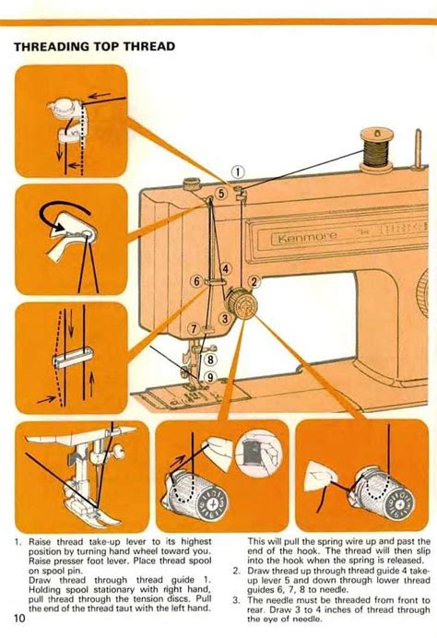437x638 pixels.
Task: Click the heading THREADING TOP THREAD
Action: coord(94,46)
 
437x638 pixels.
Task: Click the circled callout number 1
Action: coord(237,171)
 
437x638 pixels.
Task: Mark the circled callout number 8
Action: coord(210,360)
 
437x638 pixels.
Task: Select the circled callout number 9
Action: coord(210,376)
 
